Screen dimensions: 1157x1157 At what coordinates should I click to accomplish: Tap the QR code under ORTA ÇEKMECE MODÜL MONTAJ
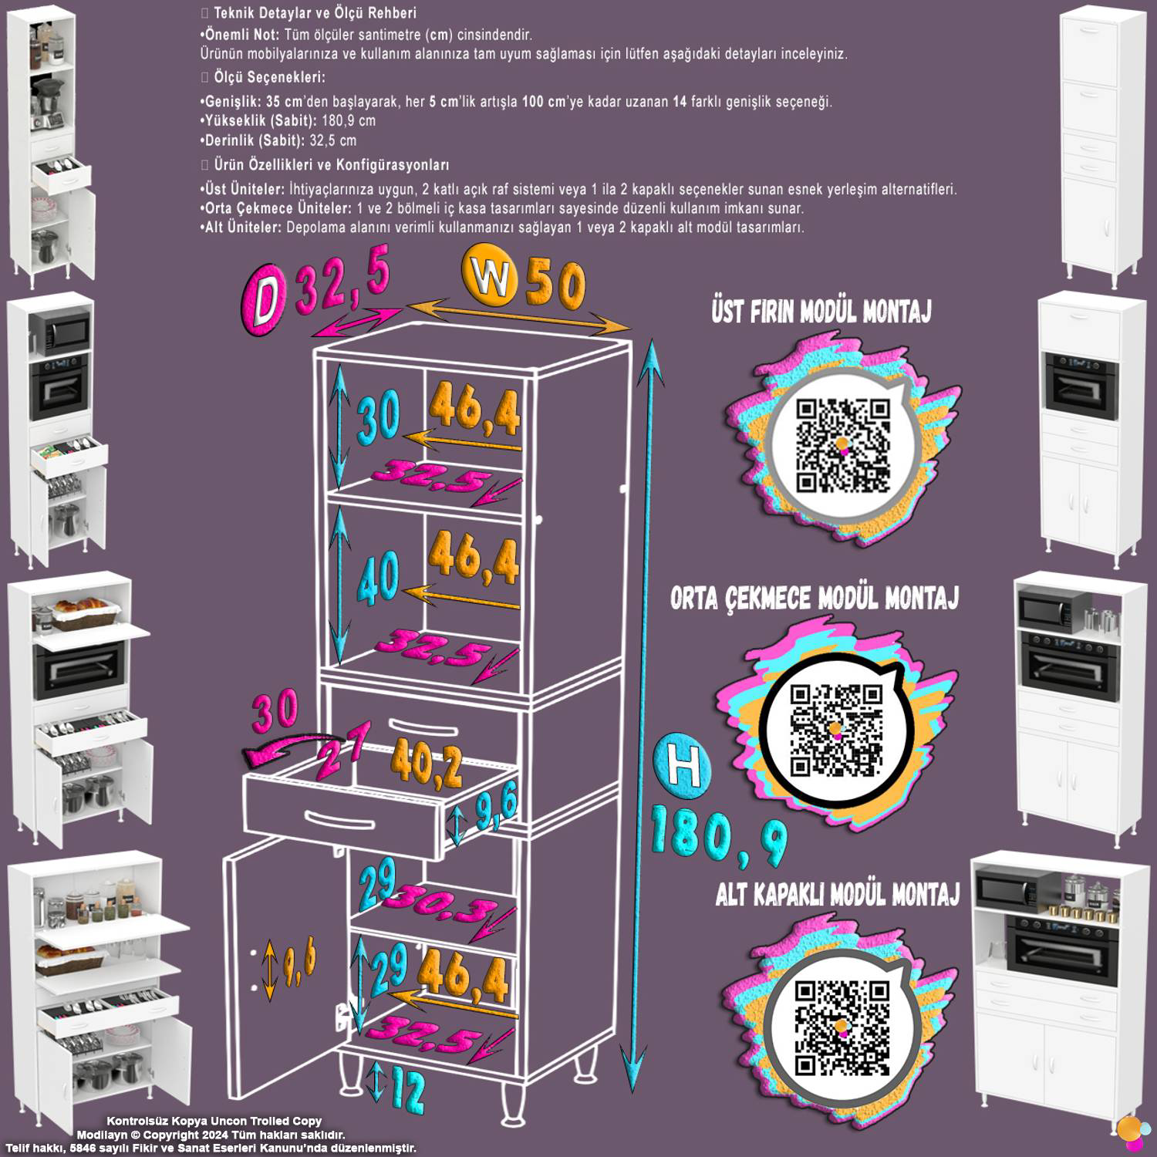[836, 730]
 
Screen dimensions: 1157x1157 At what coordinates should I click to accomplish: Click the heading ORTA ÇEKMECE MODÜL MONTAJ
[814, 599]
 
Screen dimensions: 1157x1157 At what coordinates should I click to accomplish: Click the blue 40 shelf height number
[377, 576]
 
